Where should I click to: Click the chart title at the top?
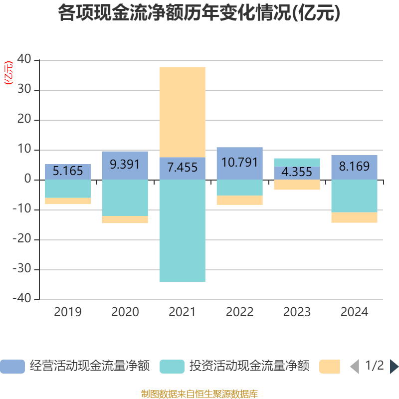point(199,13)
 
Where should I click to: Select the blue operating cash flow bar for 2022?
point(239,163)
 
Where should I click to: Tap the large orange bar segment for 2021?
point(182,112)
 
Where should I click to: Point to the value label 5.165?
point(68,171)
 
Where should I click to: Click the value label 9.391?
point(125,165)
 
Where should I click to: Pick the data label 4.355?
point(297,173)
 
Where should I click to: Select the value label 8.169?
point(354,167)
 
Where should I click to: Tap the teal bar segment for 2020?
point(125,198)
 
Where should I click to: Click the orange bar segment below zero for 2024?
point(354,217)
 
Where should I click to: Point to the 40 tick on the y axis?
point(25,60)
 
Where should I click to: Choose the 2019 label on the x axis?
point(68,312)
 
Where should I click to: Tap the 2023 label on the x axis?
point(297,312)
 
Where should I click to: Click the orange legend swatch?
point(330,366)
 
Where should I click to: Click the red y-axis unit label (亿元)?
point(8,73)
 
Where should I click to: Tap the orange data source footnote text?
point(199,394)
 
